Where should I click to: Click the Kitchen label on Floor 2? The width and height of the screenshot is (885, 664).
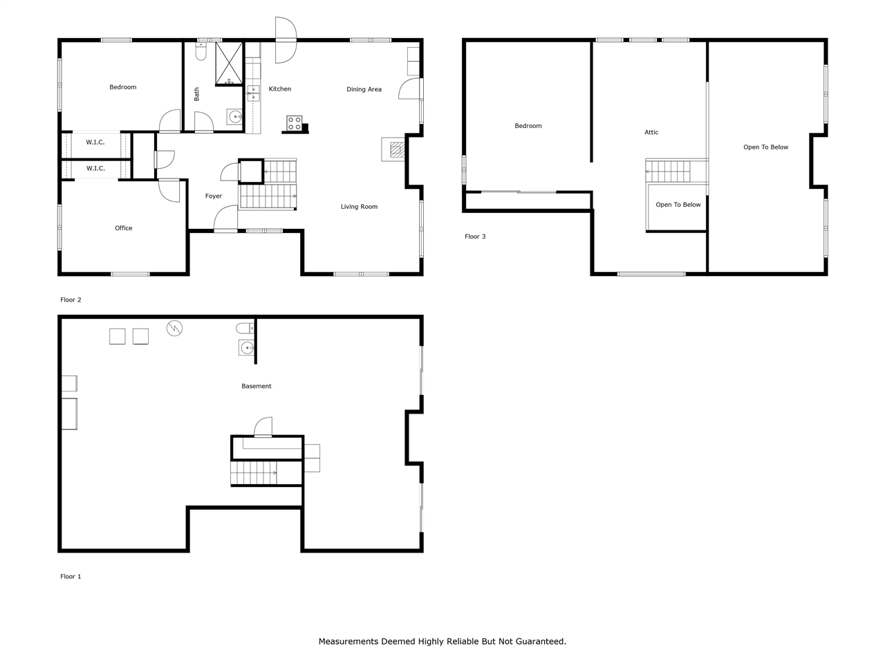(x=280, y=89)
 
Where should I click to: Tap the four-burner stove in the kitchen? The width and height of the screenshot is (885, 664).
(x=295, y=123)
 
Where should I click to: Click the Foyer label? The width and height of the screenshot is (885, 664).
(x=214, y=196)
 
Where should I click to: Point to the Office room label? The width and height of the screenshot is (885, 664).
(x=124, y=228)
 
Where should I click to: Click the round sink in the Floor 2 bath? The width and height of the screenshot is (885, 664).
(x=234, y=116)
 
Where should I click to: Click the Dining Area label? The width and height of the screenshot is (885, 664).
(x=364, y=89)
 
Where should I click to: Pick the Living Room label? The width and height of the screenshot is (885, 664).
(x=359, y=207)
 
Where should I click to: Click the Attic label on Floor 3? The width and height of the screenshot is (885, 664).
(x=651, y=132)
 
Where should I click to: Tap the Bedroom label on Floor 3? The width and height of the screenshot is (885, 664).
(x=528, y=126)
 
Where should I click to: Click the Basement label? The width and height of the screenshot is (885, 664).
(x=257, y=387)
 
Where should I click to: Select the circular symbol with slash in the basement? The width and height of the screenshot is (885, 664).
(x=175, y=328)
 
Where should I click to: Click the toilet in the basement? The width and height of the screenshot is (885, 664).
(x=244, y=328)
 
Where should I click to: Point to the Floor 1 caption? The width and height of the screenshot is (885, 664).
(x=71, y=577)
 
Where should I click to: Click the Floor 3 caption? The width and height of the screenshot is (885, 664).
(x=475, y=237)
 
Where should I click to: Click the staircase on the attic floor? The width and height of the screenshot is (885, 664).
(x=668, y=171)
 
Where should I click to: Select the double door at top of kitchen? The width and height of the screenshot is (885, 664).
(x=286, y=40)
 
